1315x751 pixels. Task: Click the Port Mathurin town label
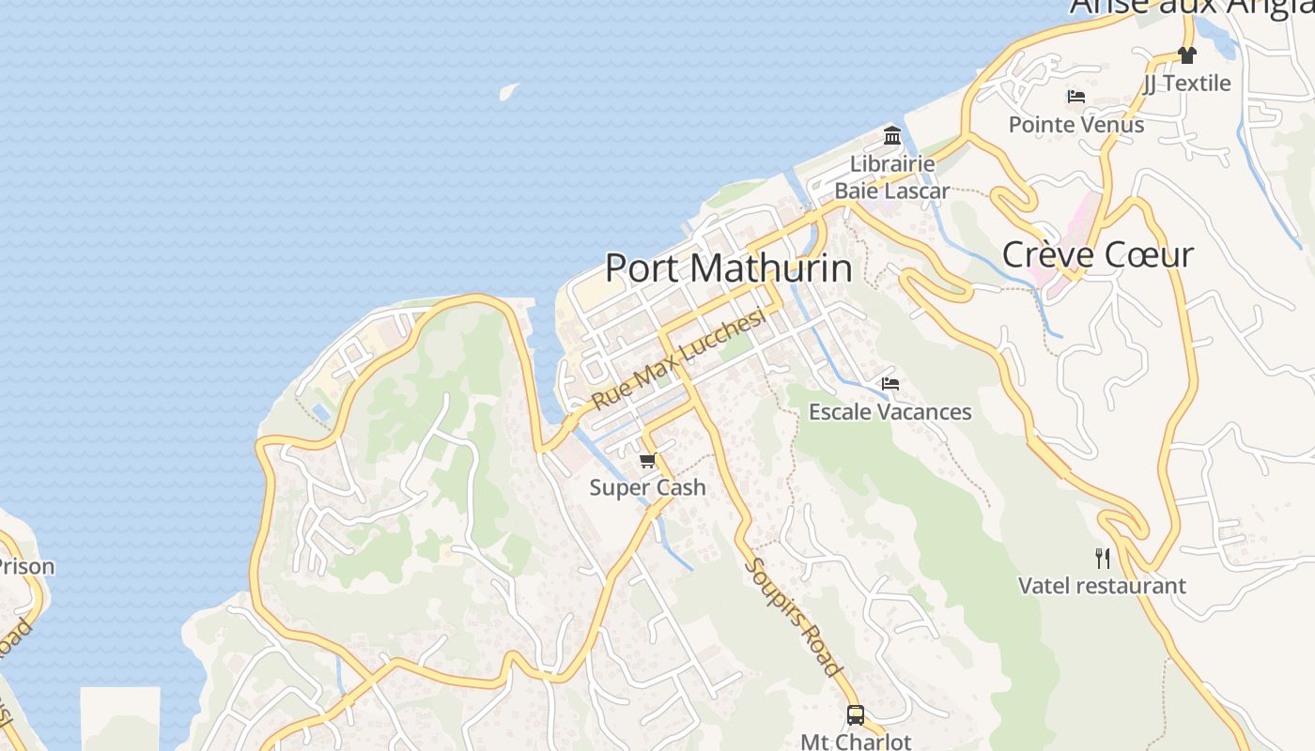(729, 268)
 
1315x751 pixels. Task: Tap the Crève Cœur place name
(1097, 254)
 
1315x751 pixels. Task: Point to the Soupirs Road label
(792, 616)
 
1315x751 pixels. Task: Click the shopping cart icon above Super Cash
(647, 460)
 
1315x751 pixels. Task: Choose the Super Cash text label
(647, 487)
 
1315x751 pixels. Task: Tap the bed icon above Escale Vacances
(890, 384)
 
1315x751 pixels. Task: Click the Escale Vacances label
(890, 411)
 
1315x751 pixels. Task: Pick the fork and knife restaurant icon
(1103, 559)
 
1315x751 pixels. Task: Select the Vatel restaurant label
(1102, 586)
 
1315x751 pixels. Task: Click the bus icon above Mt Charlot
(855, 715)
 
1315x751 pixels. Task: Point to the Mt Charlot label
(855, 741)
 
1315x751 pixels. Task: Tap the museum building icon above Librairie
(892, 136)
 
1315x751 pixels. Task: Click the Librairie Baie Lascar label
(892, 177)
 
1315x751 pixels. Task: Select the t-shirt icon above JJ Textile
(1187, 55)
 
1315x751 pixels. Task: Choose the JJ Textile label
(1187, 83)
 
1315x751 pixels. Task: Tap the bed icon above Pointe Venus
(1076, 97)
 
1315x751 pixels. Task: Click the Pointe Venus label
(1076, 124)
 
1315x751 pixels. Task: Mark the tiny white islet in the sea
(508, 91)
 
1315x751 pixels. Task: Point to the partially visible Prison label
(26, 567)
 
